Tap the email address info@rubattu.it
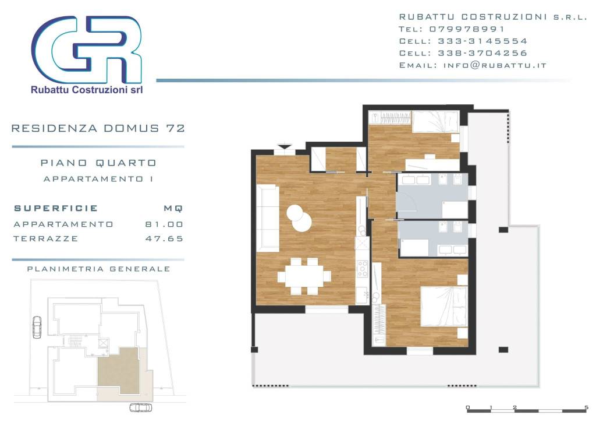[x=495, y=65]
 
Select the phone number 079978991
[x=467, y=29]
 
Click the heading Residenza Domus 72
[x=98, y=128]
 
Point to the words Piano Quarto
[x=98, y=163]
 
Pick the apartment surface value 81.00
[x=164, y=224]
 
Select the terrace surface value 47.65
[x=164, y=238]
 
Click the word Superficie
[x=56, y=208]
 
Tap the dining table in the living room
[x=304, y=276]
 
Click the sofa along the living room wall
[x=268, y=217]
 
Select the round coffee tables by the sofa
[x=299, y=218]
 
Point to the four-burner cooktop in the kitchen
[x=362, y=269]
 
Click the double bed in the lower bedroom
[x=444, y=307]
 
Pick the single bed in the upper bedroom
[x=435, y=122]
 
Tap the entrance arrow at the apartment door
[x=284, y=146]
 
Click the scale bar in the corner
[x=527, y=409]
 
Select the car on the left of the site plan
[x=37, y=327]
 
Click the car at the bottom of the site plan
[x=141, y=407]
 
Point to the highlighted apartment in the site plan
[x=119, y=366]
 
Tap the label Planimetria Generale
[x=98, y=269]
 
